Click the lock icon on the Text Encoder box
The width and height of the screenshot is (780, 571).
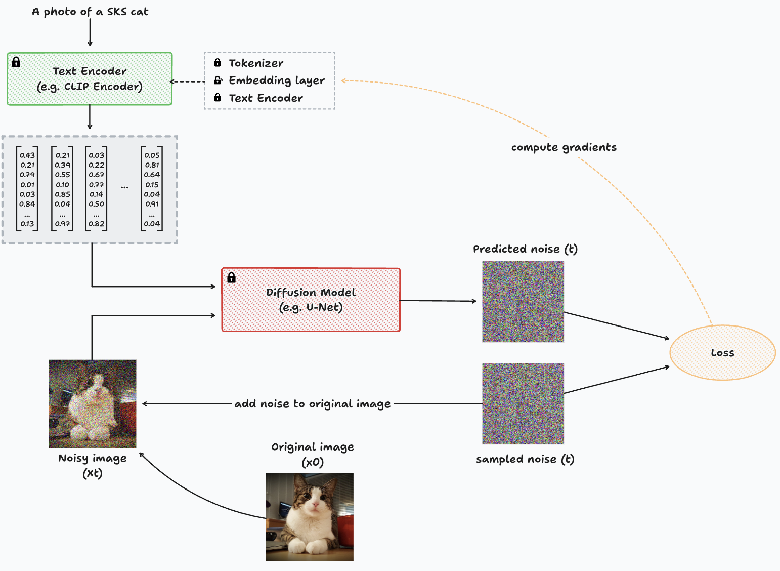16,62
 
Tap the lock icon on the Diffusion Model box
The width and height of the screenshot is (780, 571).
231,277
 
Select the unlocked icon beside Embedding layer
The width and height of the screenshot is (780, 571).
218,80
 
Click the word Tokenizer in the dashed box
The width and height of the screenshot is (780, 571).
256,63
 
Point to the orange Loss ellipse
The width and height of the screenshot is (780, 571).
722,353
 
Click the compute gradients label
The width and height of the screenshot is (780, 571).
564,147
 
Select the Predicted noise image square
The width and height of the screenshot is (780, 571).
523,301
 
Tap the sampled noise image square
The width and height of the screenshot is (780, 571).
523,403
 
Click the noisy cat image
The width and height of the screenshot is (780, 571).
92,403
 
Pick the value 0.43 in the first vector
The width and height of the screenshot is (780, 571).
27,155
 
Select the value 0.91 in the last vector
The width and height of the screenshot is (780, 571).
152,204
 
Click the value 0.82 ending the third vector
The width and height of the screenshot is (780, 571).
96,224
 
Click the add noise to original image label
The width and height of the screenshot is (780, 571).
312,404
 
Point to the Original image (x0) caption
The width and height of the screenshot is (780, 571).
312,454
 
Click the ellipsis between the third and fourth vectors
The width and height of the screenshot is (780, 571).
124,188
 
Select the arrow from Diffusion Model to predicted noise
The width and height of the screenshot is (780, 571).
438,301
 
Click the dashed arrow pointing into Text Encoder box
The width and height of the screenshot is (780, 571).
187,81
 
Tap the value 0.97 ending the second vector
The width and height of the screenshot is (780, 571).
62,224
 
